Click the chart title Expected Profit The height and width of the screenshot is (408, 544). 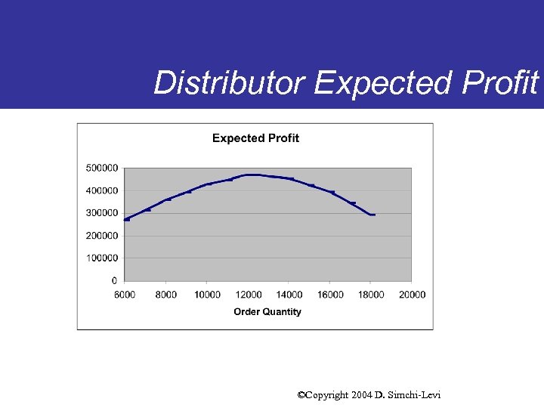255,138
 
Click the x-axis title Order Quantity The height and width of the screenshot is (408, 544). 267,312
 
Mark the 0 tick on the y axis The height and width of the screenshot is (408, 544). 114,281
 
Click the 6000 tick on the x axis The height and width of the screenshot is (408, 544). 125,295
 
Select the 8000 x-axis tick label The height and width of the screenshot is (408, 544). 166,295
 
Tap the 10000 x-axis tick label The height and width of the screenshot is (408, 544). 207,295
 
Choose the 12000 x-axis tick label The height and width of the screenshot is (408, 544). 248,295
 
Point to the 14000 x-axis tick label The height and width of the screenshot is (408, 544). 289,295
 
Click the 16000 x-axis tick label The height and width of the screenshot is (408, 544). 330,295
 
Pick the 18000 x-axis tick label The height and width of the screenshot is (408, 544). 371,295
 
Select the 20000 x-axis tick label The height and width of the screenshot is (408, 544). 413,295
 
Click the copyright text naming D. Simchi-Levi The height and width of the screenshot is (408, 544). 369,395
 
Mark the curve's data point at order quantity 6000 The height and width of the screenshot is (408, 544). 127,219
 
